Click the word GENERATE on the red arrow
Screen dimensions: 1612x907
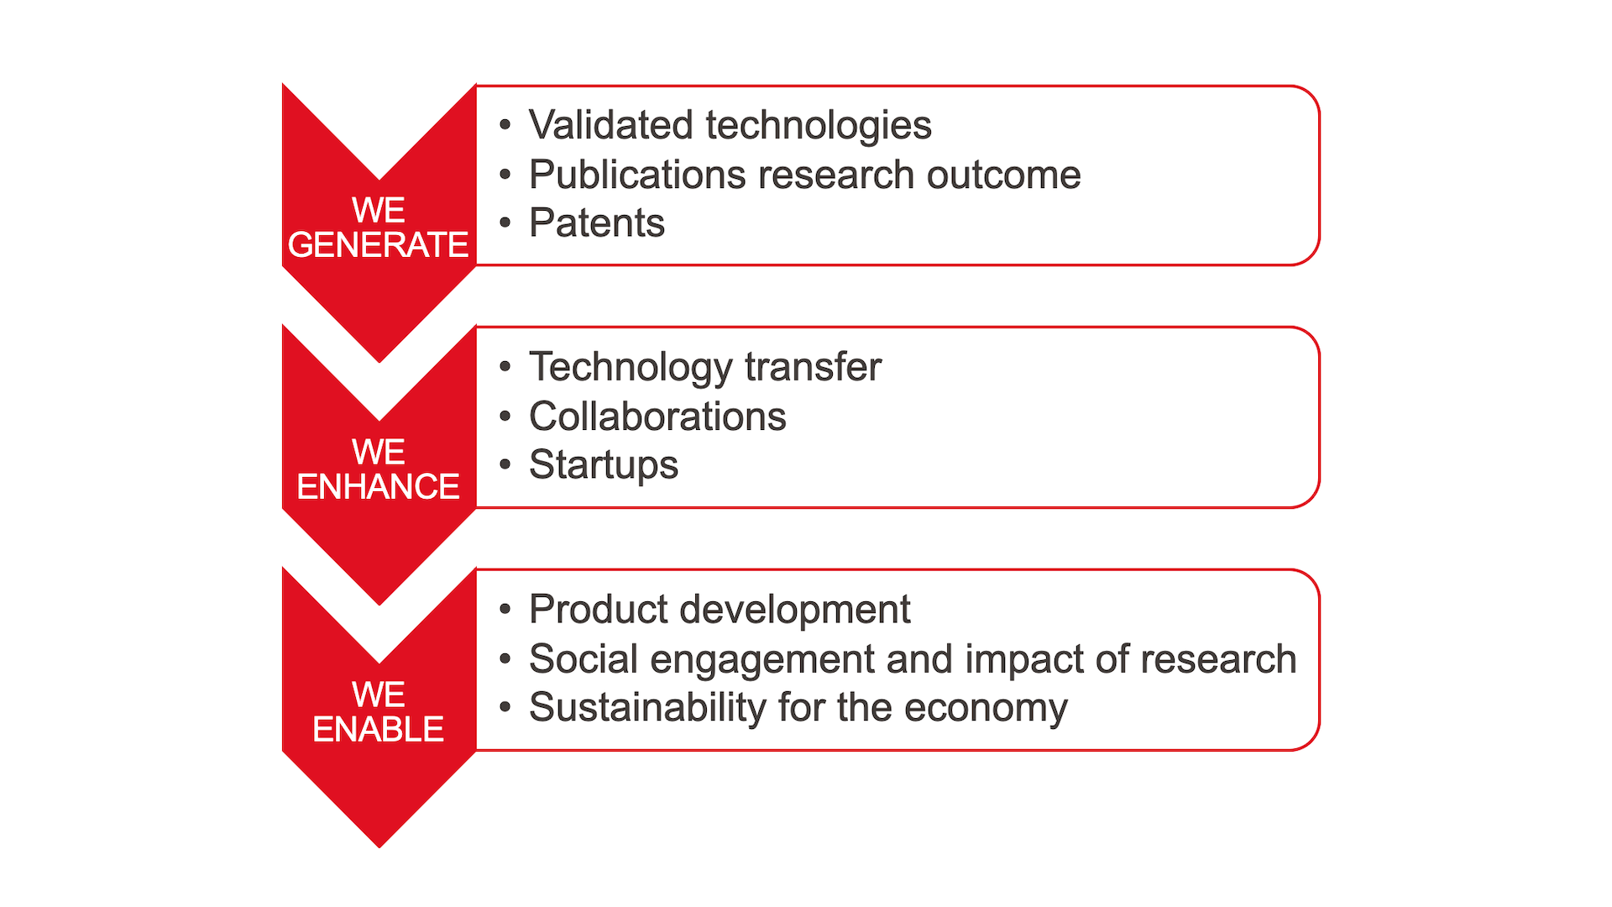(378, 244)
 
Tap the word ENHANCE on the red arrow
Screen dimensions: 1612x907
(378, 486)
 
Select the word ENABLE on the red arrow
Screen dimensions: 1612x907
(378, 729)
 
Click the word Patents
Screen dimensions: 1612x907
(597, 223)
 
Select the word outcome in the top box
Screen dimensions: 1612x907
(1003, 175)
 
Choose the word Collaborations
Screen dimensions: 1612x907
(657, 417)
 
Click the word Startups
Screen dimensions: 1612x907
(604, 466)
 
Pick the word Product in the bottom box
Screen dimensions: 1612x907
(599, 609)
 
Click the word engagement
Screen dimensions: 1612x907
(762, 659)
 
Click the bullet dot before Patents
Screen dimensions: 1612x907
(505, 223)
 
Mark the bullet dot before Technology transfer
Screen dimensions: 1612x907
(505, 367)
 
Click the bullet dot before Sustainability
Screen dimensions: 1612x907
(505, 707)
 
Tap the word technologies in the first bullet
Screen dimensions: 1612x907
(819, 125)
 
